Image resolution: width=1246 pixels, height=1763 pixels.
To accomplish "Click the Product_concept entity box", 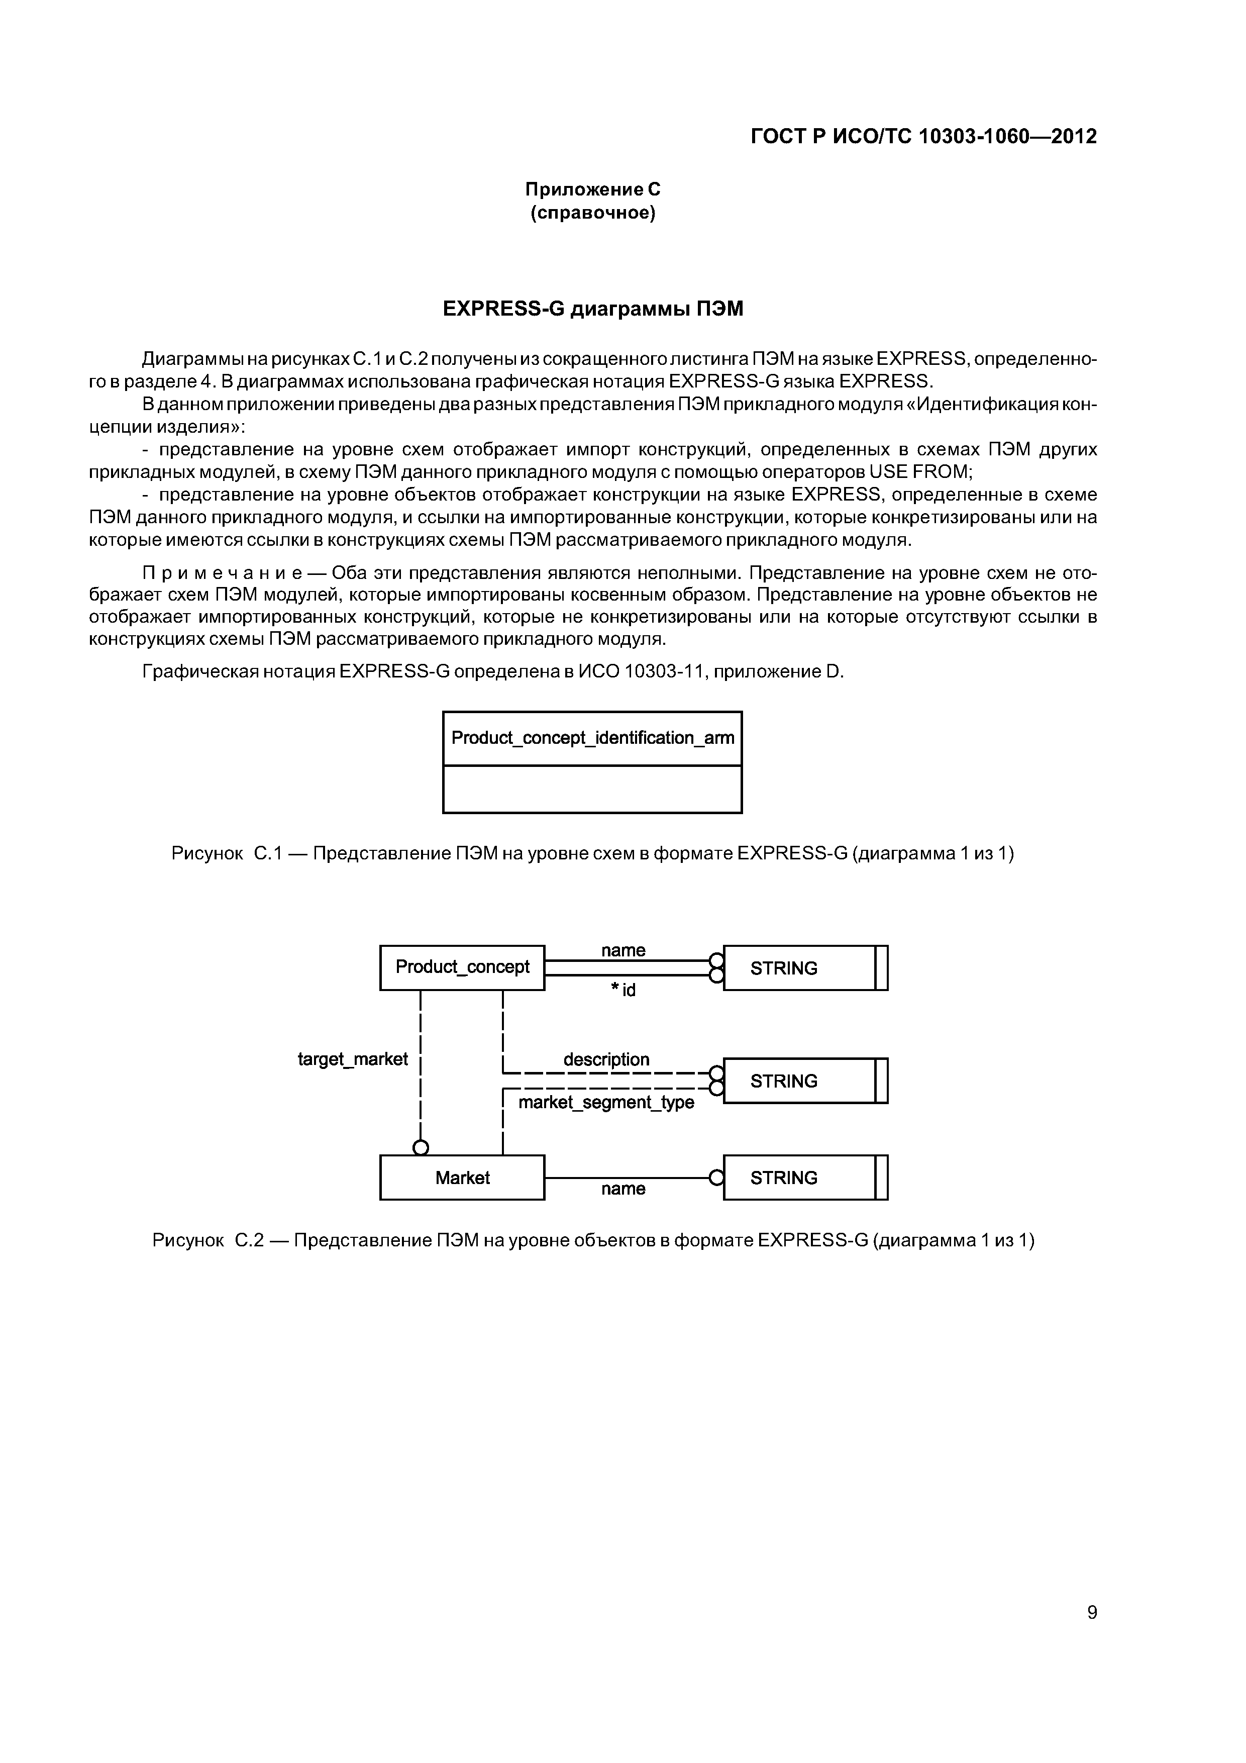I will point(462,967).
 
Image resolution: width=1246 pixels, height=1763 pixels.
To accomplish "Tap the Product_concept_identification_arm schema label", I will point(592,738).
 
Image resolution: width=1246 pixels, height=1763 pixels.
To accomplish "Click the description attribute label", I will point(606,1059).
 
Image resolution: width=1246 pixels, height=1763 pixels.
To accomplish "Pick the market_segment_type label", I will point(606,1103).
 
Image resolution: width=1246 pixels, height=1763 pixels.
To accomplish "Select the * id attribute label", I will point(624,991).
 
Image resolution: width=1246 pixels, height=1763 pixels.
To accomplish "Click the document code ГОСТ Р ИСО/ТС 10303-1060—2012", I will point(923,137).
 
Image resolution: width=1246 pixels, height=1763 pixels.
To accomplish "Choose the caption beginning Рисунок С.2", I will point(593,1240).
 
